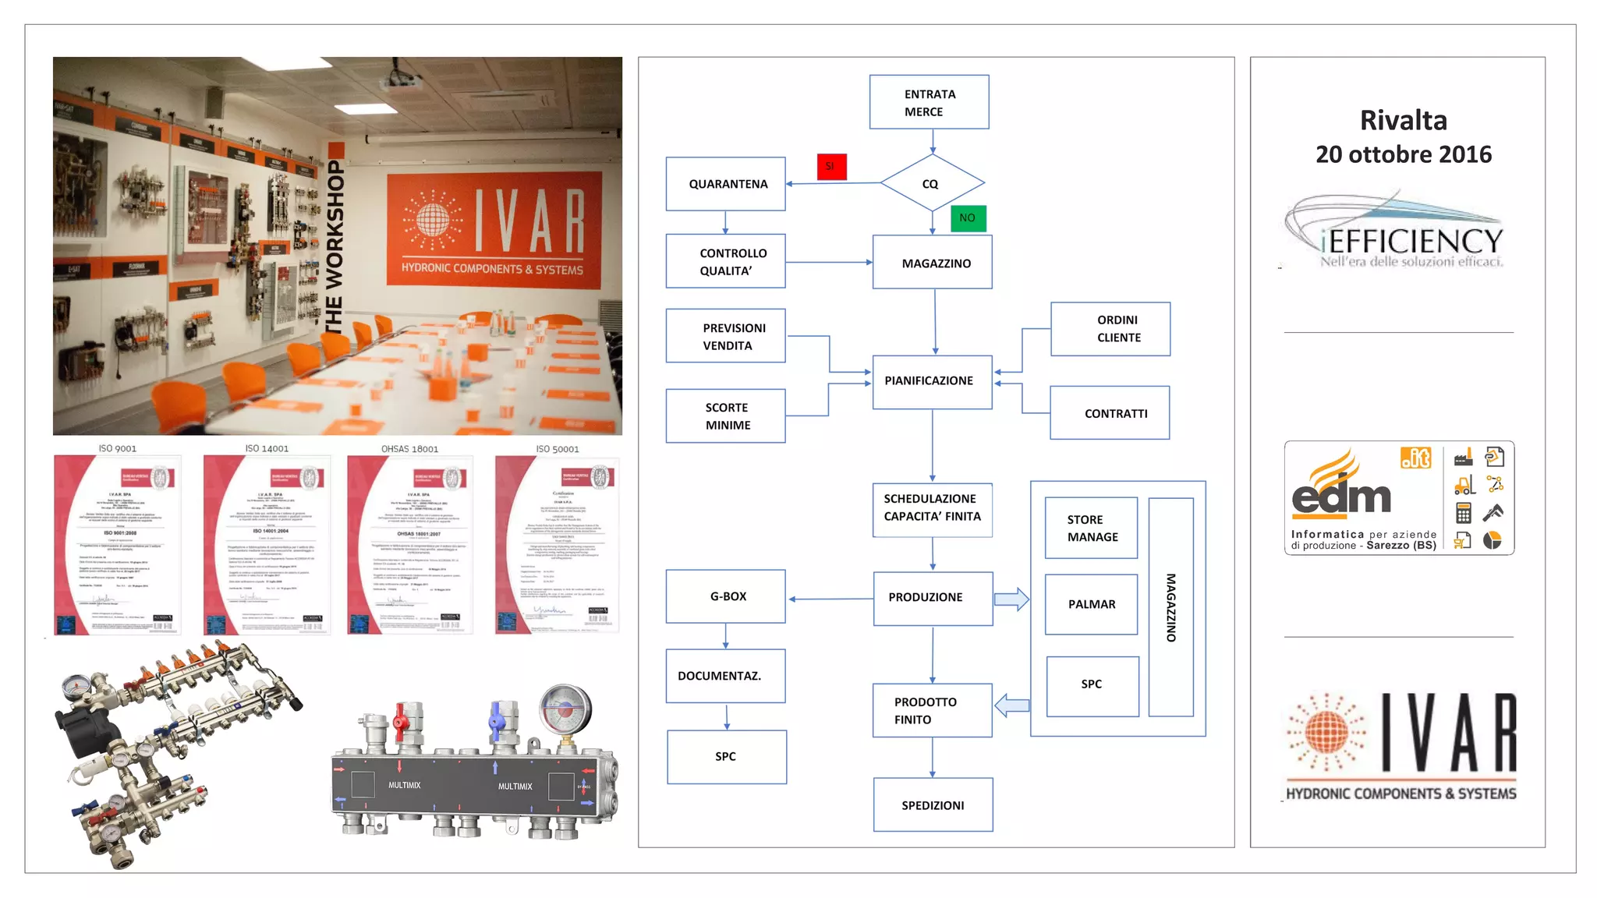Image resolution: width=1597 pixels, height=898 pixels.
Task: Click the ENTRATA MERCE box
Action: [929, 102]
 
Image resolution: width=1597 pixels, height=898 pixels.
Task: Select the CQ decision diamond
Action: [932, 183]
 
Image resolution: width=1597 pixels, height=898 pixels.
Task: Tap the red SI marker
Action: [831, 167]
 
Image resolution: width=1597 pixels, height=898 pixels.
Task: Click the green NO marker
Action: [968, 218]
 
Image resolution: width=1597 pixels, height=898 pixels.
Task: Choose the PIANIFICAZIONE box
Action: [932, 382]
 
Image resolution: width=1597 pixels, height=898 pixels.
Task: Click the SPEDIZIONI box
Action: [933, 805]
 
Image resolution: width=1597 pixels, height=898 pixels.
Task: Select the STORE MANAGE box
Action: [1091, 528]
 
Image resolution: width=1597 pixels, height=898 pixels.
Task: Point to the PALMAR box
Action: [1091, 604]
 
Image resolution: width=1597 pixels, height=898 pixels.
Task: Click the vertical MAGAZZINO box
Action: [1170, 607]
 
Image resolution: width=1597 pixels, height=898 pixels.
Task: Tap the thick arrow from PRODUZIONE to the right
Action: [1011, 599]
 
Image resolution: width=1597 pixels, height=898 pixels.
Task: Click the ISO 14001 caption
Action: [267, 448]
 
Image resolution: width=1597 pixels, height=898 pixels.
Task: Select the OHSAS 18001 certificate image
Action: [410, 545]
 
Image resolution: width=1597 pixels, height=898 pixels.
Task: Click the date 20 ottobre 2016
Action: [1403, 154]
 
